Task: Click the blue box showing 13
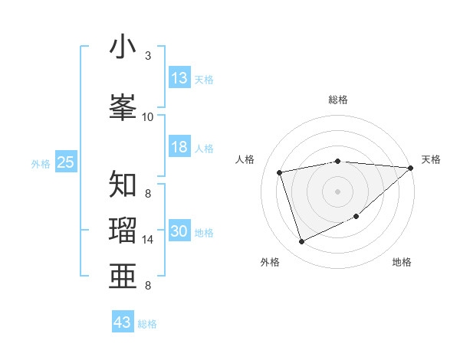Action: (179, 78)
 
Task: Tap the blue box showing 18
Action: (179, 147)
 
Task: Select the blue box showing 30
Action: (179, 231)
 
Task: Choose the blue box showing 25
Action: (66, 162)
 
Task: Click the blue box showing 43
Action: (123, 322)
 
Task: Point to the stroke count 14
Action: (148, 240)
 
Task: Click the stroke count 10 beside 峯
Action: (148, 116)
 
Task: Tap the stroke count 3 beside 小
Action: (148, 56)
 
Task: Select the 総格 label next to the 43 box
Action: (147, 324)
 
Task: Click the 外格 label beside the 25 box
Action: (41, 163)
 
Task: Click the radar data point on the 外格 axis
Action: (301, 242)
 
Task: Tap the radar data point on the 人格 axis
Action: (280, 172)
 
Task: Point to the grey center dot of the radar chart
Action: (337, 191)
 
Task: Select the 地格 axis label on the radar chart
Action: (402, 262)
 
